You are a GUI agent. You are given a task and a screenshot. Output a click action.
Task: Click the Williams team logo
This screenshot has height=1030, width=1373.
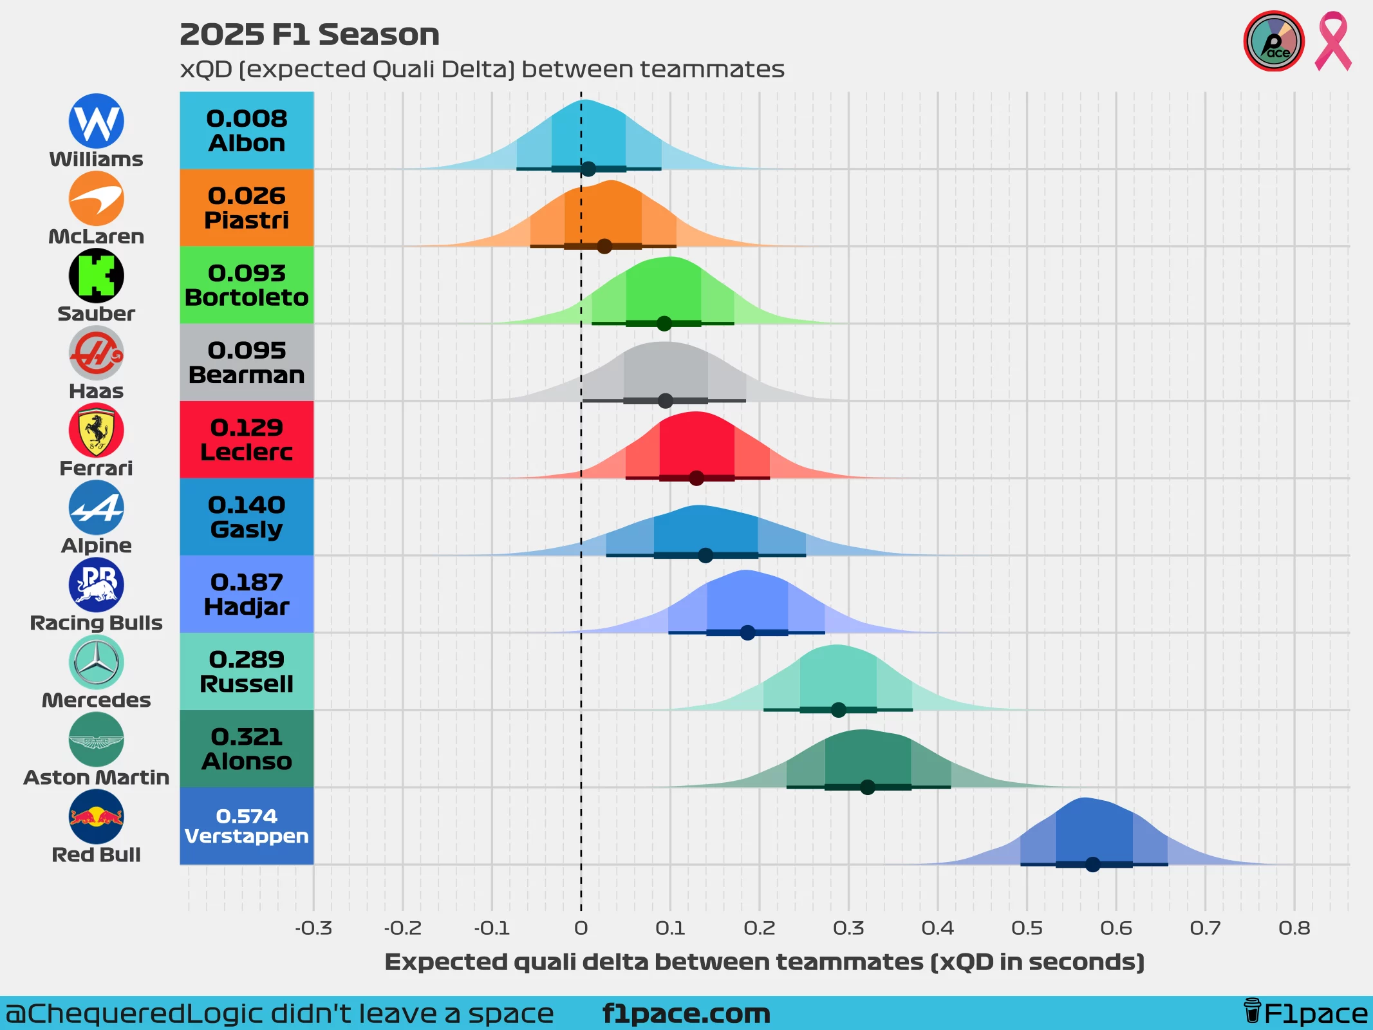(x=96, y=121)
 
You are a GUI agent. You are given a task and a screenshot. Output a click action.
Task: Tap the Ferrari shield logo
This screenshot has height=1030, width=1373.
(x=96, y=430)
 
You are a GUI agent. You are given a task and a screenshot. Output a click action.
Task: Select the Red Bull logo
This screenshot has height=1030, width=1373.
(x=96, y=816)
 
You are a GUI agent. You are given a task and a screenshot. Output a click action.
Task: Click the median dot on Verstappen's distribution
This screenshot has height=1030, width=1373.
(x=1092, y=865)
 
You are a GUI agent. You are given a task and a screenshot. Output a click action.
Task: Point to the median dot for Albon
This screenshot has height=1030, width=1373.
(x=588, y=169)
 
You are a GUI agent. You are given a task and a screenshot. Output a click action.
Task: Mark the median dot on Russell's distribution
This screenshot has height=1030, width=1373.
(x=838, y=710)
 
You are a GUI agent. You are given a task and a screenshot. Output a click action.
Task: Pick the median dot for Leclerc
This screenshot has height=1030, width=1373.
(x=696, y=478)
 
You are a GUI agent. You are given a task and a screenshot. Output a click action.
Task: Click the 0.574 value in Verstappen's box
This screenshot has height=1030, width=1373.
(x=247, y=816)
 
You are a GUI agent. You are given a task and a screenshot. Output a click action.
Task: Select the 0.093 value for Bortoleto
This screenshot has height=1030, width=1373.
(x=247, y=273)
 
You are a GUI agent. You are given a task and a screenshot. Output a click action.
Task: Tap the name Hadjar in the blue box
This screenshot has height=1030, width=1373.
(x=247, y=607)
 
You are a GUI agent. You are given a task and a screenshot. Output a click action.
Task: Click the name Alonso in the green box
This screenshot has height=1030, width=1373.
(x=247, y=762)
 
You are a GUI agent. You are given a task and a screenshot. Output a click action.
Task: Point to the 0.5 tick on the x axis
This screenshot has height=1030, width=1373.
(x=1027, y=928)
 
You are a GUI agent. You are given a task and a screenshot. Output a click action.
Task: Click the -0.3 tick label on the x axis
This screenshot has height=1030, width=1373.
(x=313, y=928)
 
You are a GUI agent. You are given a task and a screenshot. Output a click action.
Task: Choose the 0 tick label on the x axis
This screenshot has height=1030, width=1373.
(x=581, y=928)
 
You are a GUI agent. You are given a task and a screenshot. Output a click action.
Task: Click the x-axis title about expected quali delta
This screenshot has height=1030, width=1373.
(x=764, y=962)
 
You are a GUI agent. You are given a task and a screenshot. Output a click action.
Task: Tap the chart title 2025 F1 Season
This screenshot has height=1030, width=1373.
(x=310, y=35)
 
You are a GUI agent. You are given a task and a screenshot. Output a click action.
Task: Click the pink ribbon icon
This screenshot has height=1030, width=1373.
(x=1332, y=41)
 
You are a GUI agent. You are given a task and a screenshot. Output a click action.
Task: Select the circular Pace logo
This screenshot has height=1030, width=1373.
(x=1273, y=41)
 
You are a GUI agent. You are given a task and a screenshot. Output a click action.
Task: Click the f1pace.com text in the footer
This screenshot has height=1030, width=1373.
(x=686, y=1014)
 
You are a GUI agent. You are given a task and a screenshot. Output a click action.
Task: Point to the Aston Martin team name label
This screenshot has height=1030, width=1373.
(x=96, y=778)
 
